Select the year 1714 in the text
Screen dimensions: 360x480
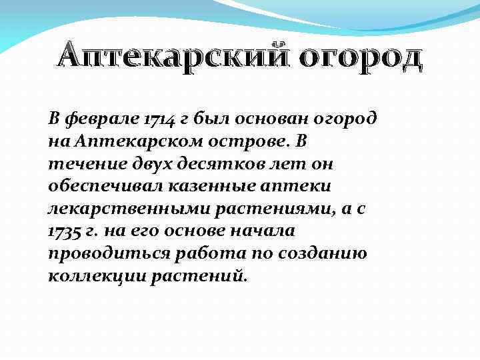click(x=159, y=120)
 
